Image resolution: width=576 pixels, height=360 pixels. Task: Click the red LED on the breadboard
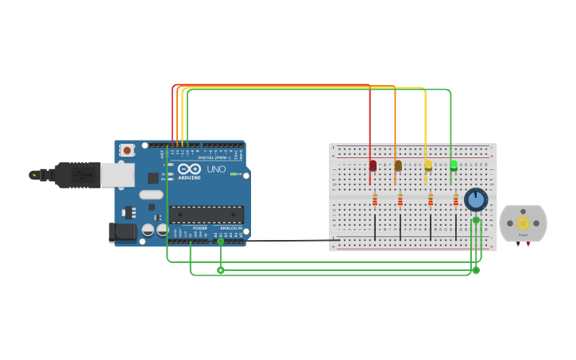click(373, 165)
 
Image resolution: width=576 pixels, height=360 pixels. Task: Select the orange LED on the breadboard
click(398, 165)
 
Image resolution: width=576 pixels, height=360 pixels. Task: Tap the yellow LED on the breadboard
click(428, 165)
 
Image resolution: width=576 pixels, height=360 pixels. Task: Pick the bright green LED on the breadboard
click(454, 165)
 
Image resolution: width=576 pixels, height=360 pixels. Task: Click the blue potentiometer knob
click(476, 199)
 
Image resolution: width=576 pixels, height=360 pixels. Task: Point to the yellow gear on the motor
click(523, 223)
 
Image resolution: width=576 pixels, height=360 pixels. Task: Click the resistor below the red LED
click(375, 199)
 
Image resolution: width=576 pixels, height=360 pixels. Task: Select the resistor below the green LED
click(456, 199)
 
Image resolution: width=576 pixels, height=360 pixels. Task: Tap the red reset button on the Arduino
click(127, 150)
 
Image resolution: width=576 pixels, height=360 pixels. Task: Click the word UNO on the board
click(216, 169)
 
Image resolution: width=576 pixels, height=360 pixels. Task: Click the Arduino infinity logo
click(189, 168)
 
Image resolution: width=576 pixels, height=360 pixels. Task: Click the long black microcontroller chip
click(207, 214)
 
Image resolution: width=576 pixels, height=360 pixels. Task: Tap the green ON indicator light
click(232, 174)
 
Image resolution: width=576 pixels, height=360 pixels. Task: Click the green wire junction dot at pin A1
click(220, 242)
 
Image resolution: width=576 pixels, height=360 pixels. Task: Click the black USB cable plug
click(76, 175)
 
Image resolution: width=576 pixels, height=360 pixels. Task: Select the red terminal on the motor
click(518, 244)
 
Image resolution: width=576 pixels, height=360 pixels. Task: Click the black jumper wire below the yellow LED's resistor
click(431, 226)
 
